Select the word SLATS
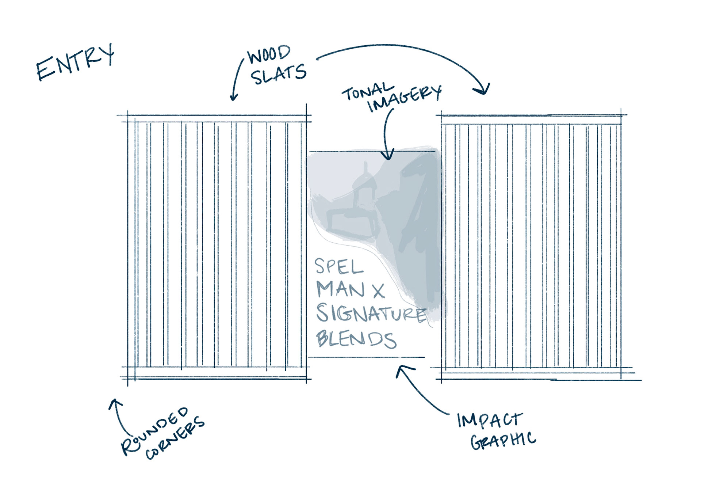278,74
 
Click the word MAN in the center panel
340,289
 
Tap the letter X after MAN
379,291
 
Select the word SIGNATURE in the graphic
371,314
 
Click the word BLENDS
356,339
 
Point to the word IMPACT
490,420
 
